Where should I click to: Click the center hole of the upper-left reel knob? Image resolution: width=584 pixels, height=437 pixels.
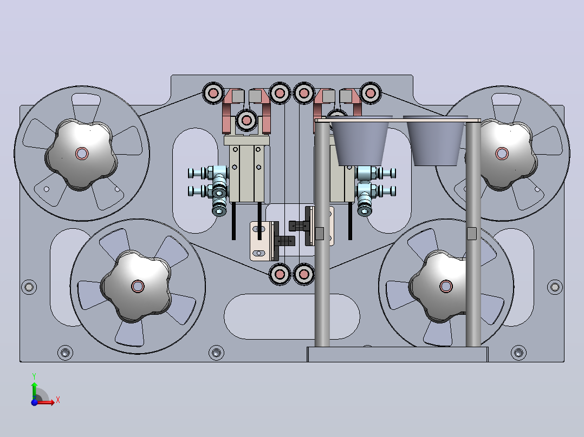tap(82, 153)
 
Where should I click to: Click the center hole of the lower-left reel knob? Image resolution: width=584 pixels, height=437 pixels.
tap(138, 286)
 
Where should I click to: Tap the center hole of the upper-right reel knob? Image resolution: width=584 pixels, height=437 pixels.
tap(502, 153)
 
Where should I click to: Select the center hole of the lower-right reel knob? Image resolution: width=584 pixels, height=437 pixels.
tap(446, 286)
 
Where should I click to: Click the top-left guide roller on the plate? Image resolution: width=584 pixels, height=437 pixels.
tap(213, 93)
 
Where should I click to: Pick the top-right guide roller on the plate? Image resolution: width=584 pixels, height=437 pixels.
tap(370, 93)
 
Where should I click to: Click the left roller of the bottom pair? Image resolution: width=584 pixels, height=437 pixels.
tap(280, 274)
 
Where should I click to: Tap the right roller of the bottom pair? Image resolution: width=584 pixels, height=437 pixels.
tap(304, 274)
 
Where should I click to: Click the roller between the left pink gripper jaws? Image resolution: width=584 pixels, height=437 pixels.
tap(246, 120)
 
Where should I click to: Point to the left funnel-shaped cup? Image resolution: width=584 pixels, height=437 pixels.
tap(360, 141)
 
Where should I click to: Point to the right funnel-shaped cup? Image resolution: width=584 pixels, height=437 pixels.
tap(436, 141)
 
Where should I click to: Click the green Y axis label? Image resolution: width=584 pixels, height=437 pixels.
tap(34, 376)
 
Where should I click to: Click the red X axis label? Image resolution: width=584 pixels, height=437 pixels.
tap(58, 400)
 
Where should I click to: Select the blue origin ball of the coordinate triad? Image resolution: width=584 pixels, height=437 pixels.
tap(34, 402)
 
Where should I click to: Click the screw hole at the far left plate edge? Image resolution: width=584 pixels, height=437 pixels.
tap(29, 287)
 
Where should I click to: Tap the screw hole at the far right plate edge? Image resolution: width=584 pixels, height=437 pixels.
tap(555, 287)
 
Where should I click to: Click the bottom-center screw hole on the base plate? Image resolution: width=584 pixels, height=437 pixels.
tap(216, 352)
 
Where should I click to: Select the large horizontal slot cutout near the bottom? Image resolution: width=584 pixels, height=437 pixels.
tap(292, 316)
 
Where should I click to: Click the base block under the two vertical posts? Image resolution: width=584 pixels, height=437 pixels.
tap(398, 354)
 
